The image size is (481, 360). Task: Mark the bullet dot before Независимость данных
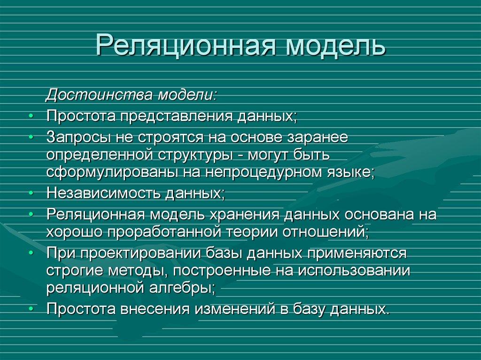click(x=31, y=193)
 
